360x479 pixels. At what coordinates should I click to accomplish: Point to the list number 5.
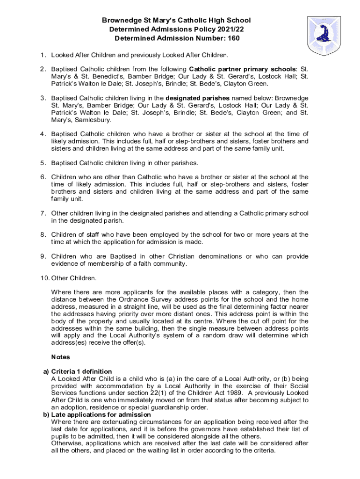(x=42, y=163)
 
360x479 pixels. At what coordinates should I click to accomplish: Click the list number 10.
(x=43, y=278)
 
